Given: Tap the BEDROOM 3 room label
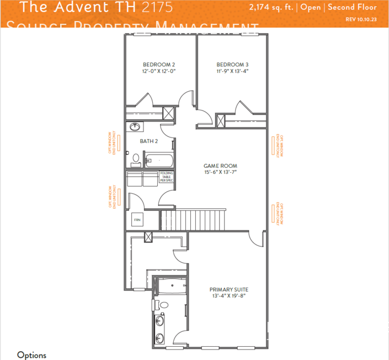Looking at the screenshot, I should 232,64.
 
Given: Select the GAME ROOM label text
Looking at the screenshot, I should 220,166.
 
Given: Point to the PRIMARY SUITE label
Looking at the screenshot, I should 228,289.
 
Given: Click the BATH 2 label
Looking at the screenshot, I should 148,141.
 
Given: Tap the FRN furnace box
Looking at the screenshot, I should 137,220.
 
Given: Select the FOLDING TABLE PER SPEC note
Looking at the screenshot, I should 166,177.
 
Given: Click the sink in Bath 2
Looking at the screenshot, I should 134,127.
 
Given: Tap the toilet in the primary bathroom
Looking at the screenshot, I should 163,305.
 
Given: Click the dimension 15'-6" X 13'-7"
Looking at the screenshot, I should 220,172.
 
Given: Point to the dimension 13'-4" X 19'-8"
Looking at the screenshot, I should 228,296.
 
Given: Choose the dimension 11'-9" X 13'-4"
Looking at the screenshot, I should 232,71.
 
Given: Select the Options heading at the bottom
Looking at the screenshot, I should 31,355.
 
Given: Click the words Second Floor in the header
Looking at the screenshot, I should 353,8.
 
